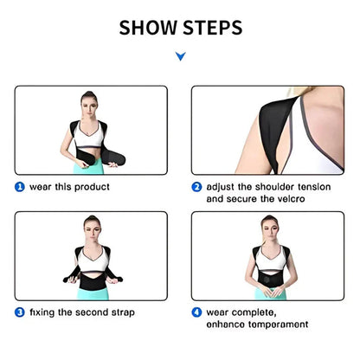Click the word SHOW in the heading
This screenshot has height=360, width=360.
tap(148, 28)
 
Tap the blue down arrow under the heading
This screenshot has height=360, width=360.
tap(180, 57)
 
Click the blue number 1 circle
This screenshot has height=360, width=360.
tap(19, 185)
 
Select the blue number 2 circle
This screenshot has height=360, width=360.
tap(196, 185)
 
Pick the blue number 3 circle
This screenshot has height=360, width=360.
tap(19, 312)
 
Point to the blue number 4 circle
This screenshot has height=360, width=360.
tap(196, 312)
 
